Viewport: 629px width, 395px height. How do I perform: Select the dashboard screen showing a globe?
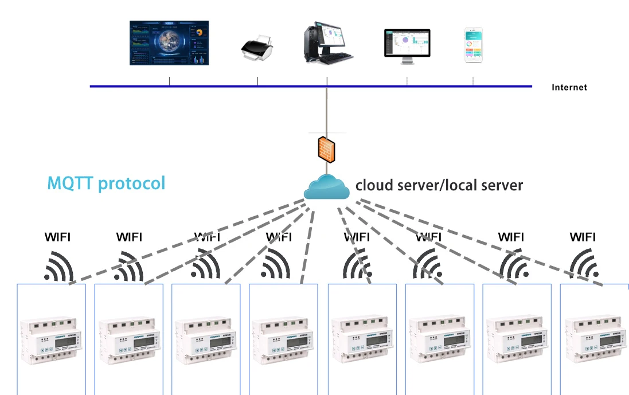169,43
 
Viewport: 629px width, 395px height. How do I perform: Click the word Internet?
569,88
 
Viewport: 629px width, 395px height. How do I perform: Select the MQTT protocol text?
106,183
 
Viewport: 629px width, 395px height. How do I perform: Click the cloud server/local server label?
439,185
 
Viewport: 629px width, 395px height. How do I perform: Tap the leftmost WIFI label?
58,237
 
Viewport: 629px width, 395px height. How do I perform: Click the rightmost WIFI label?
583,237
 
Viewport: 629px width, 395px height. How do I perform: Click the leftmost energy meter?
52,341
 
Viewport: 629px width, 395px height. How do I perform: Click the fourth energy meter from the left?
283,341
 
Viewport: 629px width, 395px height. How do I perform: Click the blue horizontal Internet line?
229,87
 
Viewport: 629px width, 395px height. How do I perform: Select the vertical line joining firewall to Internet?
327,109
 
